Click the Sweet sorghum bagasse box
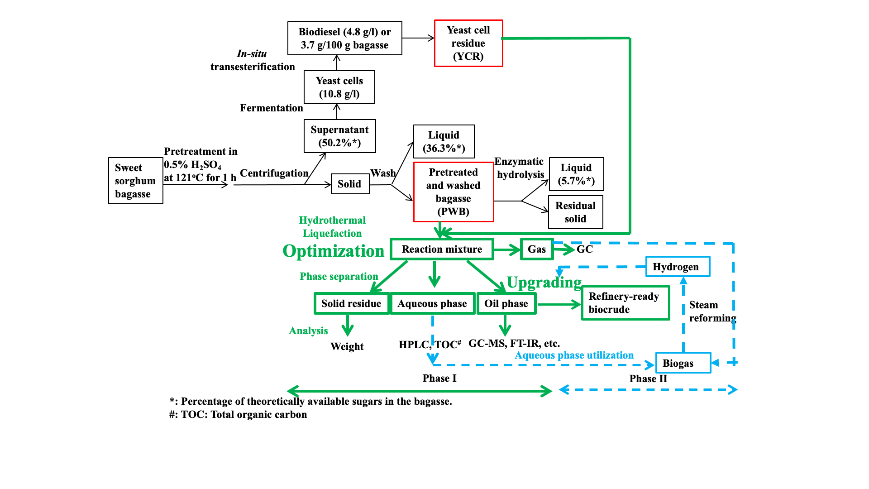(x=135, y=181)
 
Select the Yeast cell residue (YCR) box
(x=468, y=43)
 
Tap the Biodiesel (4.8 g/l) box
(x=344, y=38)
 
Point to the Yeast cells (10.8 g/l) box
(x=339, y=87)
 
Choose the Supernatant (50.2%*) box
(x=339, y=136)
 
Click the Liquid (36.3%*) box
(x=444, y=142)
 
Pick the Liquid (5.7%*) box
(x=576, y=174)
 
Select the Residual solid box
(x=575, y=212)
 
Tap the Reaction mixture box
(x=442, y=249)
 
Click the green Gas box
(x=537, y=249)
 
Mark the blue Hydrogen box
(x=678, y=267)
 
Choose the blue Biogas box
(x=683, y=363)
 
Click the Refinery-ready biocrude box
(x=625, y=303)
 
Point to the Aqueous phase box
(x=432, y=304)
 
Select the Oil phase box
(x=506, y=304)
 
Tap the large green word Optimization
(x=333, y=251)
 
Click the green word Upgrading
(x=544, y=283)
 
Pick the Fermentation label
(x=271, y=108)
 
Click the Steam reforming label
(x=712, y=312)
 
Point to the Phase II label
(x=648, y=379)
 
